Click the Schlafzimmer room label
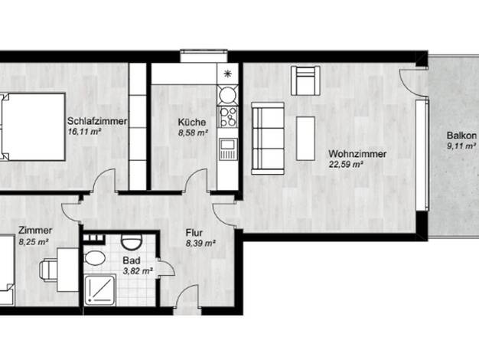click(x=97, y=121)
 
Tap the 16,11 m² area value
click(x=84, y=133)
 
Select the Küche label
click(x=192, y=122)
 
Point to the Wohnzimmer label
click(x=357, y=154)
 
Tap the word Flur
click(x=194, y=233)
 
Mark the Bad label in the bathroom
click(x=132, y=260)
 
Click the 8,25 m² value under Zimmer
click(x=34, y=242)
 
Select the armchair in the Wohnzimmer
click(x=305, y=80)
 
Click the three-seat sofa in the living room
click(x=268, y=139)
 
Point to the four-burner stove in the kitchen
click(x=227, y=117)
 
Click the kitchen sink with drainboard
click(x=227, y=149)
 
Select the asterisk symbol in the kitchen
click(x=227, y=74)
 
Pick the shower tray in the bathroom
click(x=100, y=290)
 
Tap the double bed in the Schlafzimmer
click(x=32, y=127)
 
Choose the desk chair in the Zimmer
click(x=48, y=270)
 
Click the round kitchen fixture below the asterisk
click(x=227, y=95)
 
